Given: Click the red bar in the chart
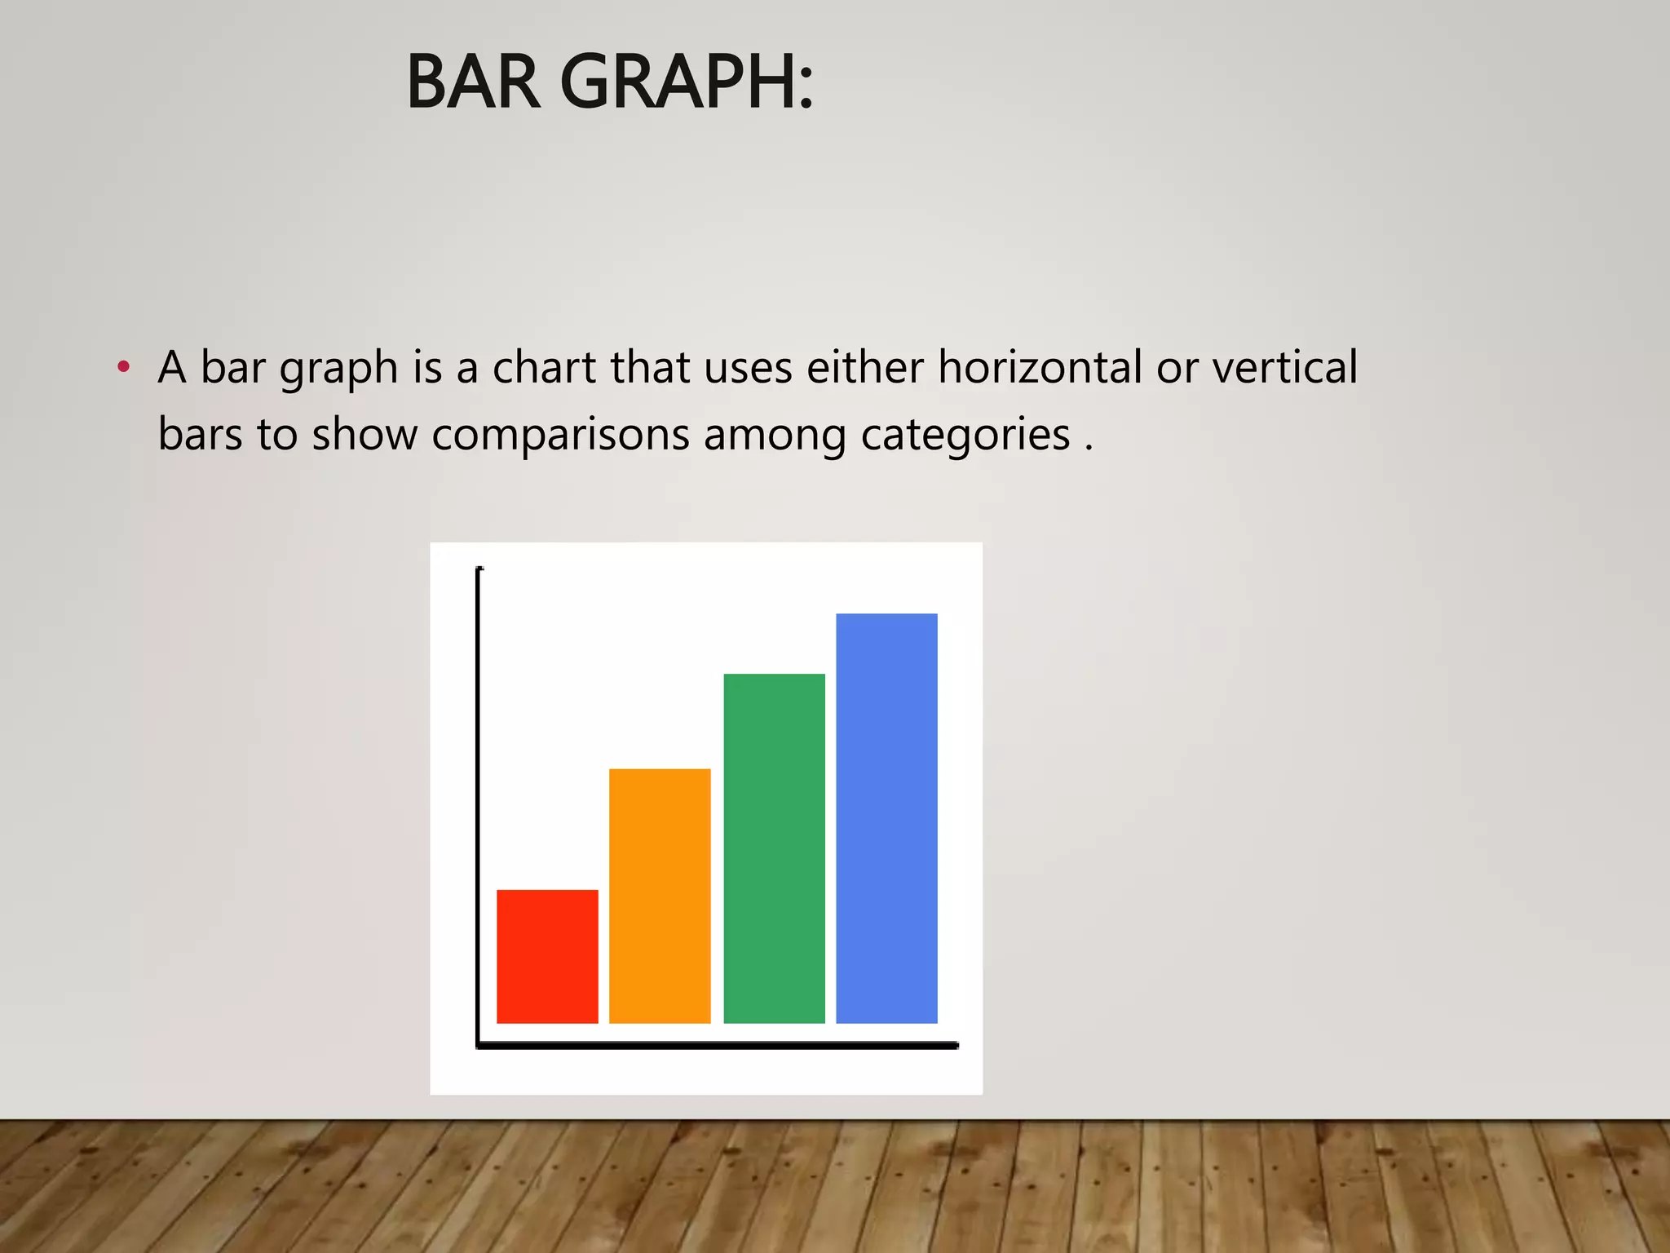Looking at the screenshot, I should (547, 956).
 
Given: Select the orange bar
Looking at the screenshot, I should (660, 896).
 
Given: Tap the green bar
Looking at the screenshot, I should (774, 848).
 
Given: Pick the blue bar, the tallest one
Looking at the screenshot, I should (886, 818).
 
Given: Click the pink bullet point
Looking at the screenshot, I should (123, 366).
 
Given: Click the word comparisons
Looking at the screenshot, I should (561, 435).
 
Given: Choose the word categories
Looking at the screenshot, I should (965, 435).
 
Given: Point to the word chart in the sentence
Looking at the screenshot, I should (545, 367).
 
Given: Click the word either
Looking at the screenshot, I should (864, 367).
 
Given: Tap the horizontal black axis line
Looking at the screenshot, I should (718, 1045).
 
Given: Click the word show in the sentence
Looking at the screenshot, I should (364, 435).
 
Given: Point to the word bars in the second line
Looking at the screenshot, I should (201, 435).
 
